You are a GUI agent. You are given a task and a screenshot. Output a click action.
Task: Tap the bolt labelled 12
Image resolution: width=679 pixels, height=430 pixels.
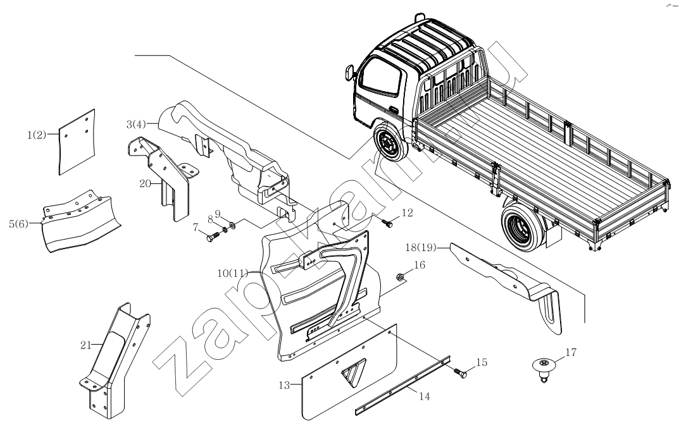[x=387, y=223]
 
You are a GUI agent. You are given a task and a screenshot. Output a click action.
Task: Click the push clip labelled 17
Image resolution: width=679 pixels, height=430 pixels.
[x=543, y=367]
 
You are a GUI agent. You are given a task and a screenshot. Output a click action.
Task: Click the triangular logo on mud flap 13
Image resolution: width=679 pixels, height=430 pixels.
[x=352, y=374]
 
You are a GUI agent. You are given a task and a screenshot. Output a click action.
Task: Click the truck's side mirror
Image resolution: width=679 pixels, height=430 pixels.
[x=348, y=74]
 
